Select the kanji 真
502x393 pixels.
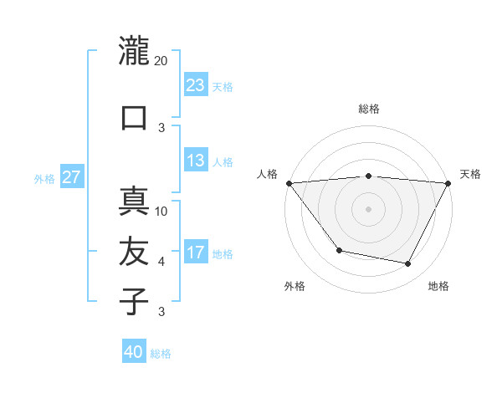click(134, 202)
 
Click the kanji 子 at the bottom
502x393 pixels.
click(134, 300)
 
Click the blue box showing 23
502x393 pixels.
click(196, 84)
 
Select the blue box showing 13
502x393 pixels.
click(196, 161)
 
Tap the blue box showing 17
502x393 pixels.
click(196, 253)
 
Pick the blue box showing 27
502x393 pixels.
click(72, 177)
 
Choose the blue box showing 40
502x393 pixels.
click(134, 352)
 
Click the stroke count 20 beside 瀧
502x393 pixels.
click(161, 61)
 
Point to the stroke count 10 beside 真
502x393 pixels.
click(161, 212)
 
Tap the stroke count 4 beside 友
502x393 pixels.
click(161, 262)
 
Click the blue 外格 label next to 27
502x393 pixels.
click(44, 178)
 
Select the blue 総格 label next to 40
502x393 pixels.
click(161, 353)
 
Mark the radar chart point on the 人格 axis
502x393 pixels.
click(289, 183)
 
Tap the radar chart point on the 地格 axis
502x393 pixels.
click(408, 264)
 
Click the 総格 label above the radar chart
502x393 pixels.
click(368, 109)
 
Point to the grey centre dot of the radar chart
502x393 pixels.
click(368, 208)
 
